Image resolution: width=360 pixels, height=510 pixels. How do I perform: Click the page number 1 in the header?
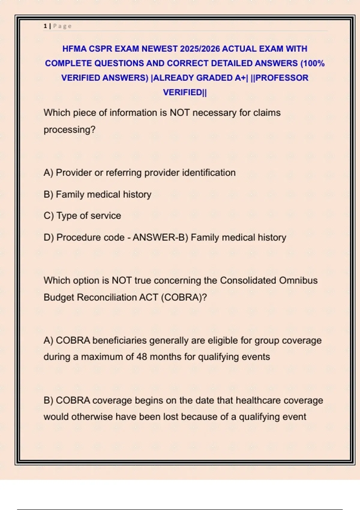click(45, 26)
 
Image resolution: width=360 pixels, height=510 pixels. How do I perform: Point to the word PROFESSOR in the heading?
click(282, 78)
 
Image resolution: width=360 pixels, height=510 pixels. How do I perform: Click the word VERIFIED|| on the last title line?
click(185, 92)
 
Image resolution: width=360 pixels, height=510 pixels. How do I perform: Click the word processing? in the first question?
click(69, 130)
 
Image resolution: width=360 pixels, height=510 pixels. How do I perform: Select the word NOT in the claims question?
click(180, 112)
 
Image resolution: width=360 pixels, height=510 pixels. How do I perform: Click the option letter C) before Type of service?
click(49, 215)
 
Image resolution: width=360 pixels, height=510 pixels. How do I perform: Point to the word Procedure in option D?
click(75, 237)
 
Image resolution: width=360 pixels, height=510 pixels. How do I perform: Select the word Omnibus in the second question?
click(298, 280)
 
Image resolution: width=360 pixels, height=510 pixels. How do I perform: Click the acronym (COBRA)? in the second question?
click(184, 297)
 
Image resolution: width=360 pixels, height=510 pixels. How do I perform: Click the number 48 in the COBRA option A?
click(142, 357)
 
